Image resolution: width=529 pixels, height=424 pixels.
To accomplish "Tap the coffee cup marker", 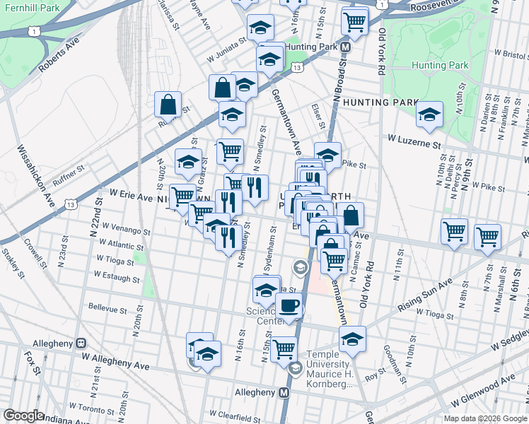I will pyautogui.click(x=289, y=307).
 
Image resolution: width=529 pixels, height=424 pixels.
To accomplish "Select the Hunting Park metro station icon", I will pyautogui.click(x=345, y=47).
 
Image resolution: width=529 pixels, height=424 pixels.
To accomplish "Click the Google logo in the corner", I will pyautogui.click(x=23, y=416).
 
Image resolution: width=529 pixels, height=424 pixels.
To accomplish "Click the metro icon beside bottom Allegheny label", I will pyautogui.click(x=284, y=392).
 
